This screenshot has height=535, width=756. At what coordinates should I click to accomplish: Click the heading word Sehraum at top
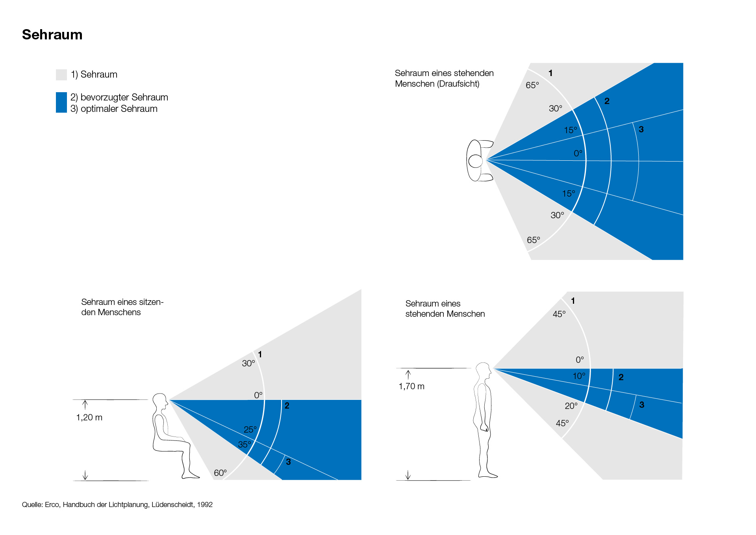point(52,35)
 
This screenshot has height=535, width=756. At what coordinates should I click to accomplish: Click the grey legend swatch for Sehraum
point(61,75)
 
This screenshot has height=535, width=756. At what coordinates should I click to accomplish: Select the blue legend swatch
point(61,102)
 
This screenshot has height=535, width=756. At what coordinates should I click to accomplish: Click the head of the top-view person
point(476,161)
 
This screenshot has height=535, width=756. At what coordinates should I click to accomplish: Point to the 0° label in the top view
point(578,153)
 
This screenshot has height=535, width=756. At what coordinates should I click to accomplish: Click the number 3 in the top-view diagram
point(641,129)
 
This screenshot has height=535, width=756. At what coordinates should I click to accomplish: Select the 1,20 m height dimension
point(89,418)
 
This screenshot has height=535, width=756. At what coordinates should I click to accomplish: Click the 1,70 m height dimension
point(411,386)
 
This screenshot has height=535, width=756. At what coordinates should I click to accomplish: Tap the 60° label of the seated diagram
point(220,473)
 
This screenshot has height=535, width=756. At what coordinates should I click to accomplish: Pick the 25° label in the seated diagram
point(250,429)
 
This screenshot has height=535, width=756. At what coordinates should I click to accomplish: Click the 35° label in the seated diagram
point(244,444)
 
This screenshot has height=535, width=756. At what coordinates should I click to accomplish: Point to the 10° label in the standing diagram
point(579,376)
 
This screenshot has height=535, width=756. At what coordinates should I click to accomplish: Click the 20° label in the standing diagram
point(571,406)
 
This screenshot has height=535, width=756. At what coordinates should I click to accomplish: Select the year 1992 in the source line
point(205,505)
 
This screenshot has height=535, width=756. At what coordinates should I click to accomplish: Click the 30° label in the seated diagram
point(248,363)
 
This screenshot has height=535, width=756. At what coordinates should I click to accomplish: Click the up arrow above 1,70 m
point(408,374)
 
